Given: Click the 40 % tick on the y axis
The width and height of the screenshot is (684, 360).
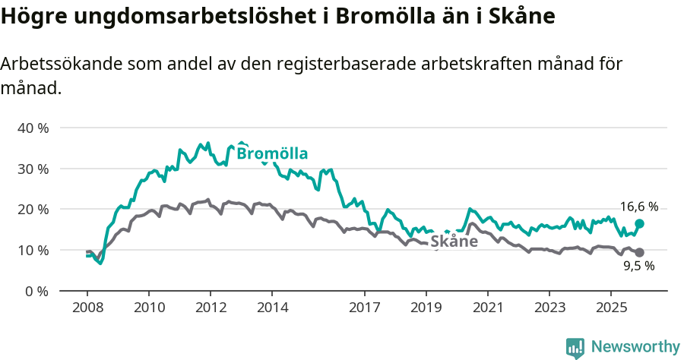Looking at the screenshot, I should click(x=33, y=128).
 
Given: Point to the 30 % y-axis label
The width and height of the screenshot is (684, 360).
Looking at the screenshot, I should click(x=33, y=169).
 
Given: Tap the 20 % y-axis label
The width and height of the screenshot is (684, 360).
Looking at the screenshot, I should click(x=33, y=209).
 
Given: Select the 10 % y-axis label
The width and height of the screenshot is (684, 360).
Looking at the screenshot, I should click(x=33, y=250).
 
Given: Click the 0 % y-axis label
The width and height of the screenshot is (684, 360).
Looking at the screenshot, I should click(x=36, y=291).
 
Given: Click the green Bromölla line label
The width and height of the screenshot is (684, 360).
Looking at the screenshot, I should click(x=272, y=154).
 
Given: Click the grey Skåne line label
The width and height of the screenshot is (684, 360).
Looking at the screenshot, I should click(x=454, y=242).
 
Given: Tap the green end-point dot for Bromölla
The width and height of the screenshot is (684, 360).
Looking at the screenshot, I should click(x=639, y=223).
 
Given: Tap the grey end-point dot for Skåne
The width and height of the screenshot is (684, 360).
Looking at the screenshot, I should click(x=639, y=252).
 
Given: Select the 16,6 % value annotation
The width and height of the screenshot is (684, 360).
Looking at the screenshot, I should click(x=638, y=207).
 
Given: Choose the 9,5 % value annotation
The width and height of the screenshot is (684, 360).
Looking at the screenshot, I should click(x=638, y=266).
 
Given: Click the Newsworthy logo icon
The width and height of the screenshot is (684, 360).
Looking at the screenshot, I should click(x=575, y=347).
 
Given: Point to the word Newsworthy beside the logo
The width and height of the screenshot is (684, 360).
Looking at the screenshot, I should click(x=635, y=347).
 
